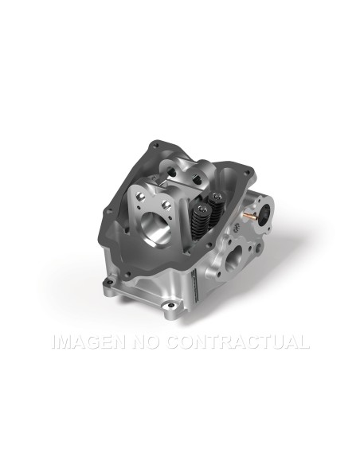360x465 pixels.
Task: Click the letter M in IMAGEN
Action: (67, 343)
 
